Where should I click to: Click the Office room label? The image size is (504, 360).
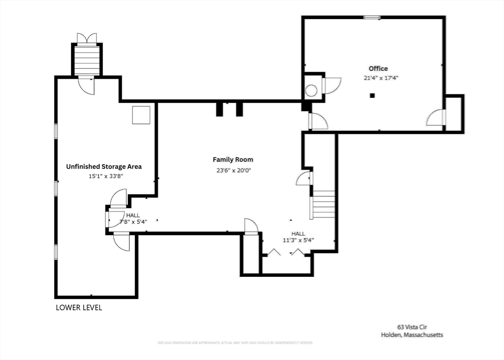pyautogui.click(x=378, y=68)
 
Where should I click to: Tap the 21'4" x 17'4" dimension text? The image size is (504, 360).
pyautogui.click(x=380, y=78)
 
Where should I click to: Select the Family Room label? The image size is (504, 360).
pyautogui.click(x=233, y=159)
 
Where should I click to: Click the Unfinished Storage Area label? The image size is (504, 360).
pyautogui.click(x=104, y=167)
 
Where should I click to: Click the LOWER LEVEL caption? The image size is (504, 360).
pyautogui.click(x=79, y=308)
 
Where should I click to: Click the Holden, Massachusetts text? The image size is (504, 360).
pyautogui.click(x=412, y=335)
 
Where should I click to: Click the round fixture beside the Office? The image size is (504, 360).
pyautogui.click(x=311, y=90)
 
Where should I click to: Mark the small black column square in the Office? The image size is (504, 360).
pyautogui.click(x=373, y=95)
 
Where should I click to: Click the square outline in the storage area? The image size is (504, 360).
pyautogui.click(x=141, y=115)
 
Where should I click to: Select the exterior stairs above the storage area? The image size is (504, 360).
pyautogui.click(x=87, y=60)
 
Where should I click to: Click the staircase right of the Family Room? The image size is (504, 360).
pyautogui.click(x=323, y=204)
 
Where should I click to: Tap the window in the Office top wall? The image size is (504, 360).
pyautogui.click(x=372, y=17)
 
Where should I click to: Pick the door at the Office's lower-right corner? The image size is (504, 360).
pyautogui.click(x=436, y=118)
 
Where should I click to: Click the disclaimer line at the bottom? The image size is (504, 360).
pyautogui.click(x=235, y=343)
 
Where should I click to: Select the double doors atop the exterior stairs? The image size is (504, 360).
pyautogui.click(x=87, y=38)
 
